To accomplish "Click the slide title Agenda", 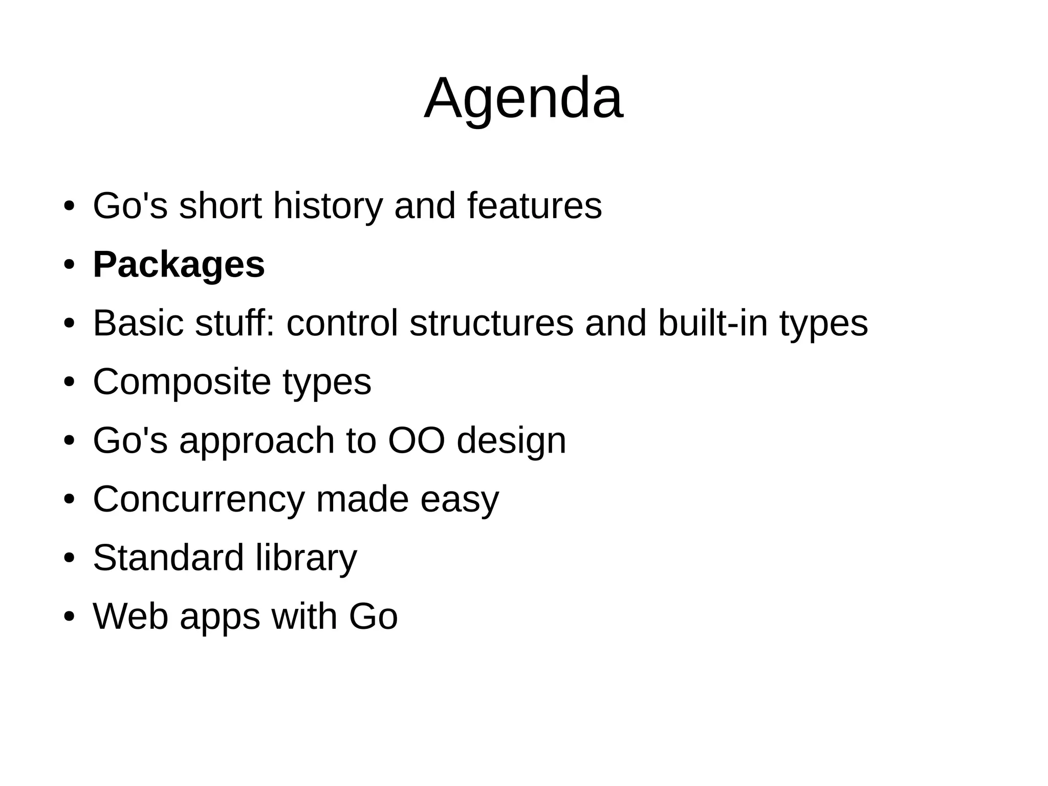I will pos(523,98).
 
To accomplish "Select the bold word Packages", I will pos(179,265).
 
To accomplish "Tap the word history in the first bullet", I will pos(327,206).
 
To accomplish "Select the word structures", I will pos(491,324).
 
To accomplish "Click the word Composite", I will pos(182,383).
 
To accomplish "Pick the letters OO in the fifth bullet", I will pos(416,440).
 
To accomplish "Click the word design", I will pos(511,441).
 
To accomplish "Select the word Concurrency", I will pos(199,500).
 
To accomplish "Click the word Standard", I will pos(168,558).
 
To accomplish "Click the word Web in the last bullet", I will pos(130,617).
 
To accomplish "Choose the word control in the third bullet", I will pos(342,324).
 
